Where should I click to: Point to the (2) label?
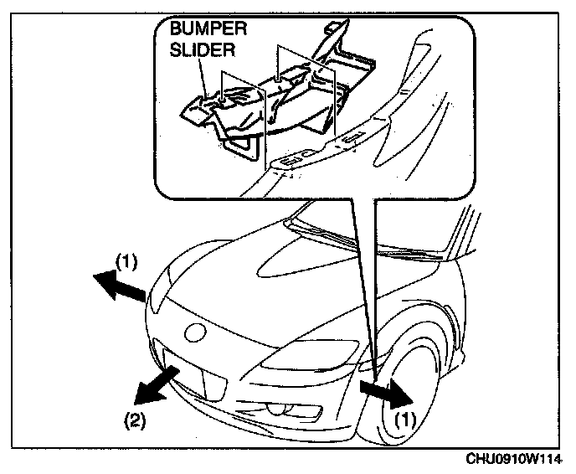pyautogui.click(x=136, y=417)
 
